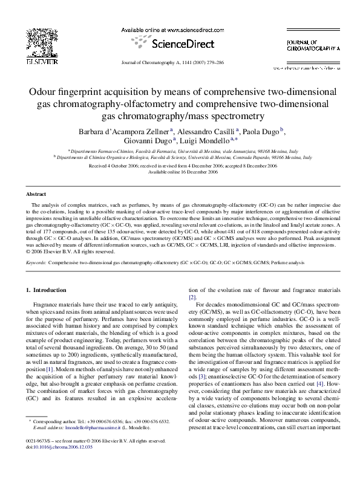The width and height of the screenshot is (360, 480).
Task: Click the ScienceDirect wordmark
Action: coord(180,44)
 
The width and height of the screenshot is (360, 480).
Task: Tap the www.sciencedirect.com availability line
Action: coord(180,30)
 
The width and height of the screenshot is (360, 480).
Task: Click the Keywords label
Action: coord(36,263)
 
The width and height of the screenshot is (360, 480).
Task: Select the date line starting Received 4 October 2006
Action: coord(180,166)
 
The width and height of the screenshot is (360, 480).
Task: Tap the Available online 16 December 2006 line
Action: coord(180,172)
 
